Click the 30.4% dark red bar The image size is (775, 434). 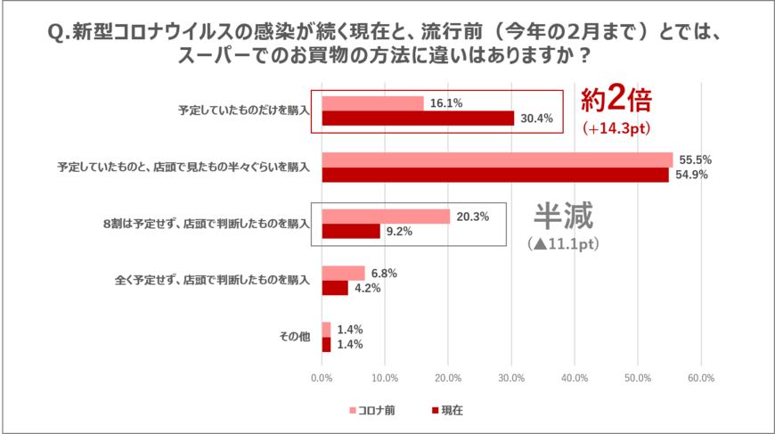point(418,119)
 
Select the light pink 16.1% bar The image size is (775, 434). point(372,103)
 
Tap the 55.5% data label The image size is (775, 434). point(696,160)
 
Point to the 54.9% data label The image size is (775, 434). point(691,175)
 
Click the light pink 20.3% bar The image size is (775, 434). point(386,217)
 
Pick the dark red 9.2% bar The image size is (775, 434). point(351,232)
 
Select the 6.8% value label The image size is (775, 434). point(384,273)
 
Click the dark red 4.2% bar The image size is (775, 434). point(335,288)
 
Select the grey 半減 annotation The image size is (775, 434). point(563,216)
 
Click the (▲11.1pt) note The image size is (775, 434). point(563,242)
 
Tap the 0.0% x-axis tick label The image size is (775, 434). point(322,378)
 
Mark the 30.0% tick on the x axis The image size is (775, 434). point(511,378)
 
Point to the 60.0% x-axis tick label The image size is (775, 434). point(701,378)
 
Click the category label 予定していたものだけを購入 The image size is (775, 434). point(243,111)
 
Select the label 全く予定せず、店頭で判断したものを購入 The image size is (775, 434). point(212,280)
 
